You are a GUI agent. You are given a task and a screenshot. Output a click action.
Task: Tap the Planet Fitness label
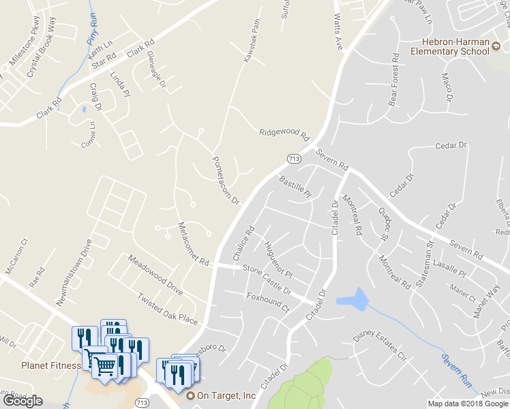pyautogui.click(x=50, y=365)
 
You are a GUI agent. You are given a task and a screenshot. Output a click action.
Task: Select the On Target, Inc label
pyautogui.click(x=226, y=395)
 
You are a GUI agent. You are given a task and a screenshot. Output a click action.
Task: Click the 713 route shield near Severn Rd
pyautogui.click(x=294, y=159)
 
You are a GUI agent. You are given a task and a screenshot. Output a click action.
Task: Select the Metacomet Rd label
pyautogui.click(x=193, y=245)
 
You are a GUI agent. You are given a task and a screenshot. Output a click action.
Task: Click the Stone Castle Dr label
pyautogui.click(x=267, y=278)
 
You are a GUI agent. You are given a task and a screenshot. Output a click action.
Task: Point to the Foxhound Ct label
pyautogui.click(x=268, y=303)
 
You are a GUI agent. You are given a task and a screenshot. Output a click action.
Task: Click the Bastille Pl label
pyautogui.click(x=295, y=186)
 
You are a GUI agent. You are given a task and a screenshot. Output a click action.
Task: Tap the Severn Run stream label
pyautogui.click(x=456, y=370)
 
